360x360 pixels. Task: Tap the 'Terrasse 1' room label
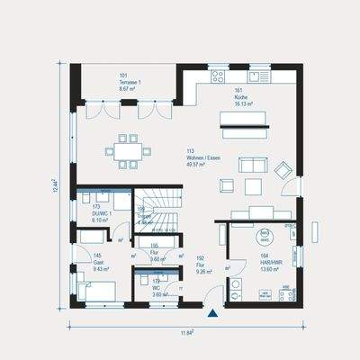tap(130, 81)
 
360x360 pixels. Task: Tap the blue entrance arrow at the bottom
tap(212, 313)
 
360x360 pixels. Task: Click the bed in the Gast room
tap(96, 289)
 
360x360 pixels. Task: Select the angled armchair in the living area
tap(283, 168)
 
